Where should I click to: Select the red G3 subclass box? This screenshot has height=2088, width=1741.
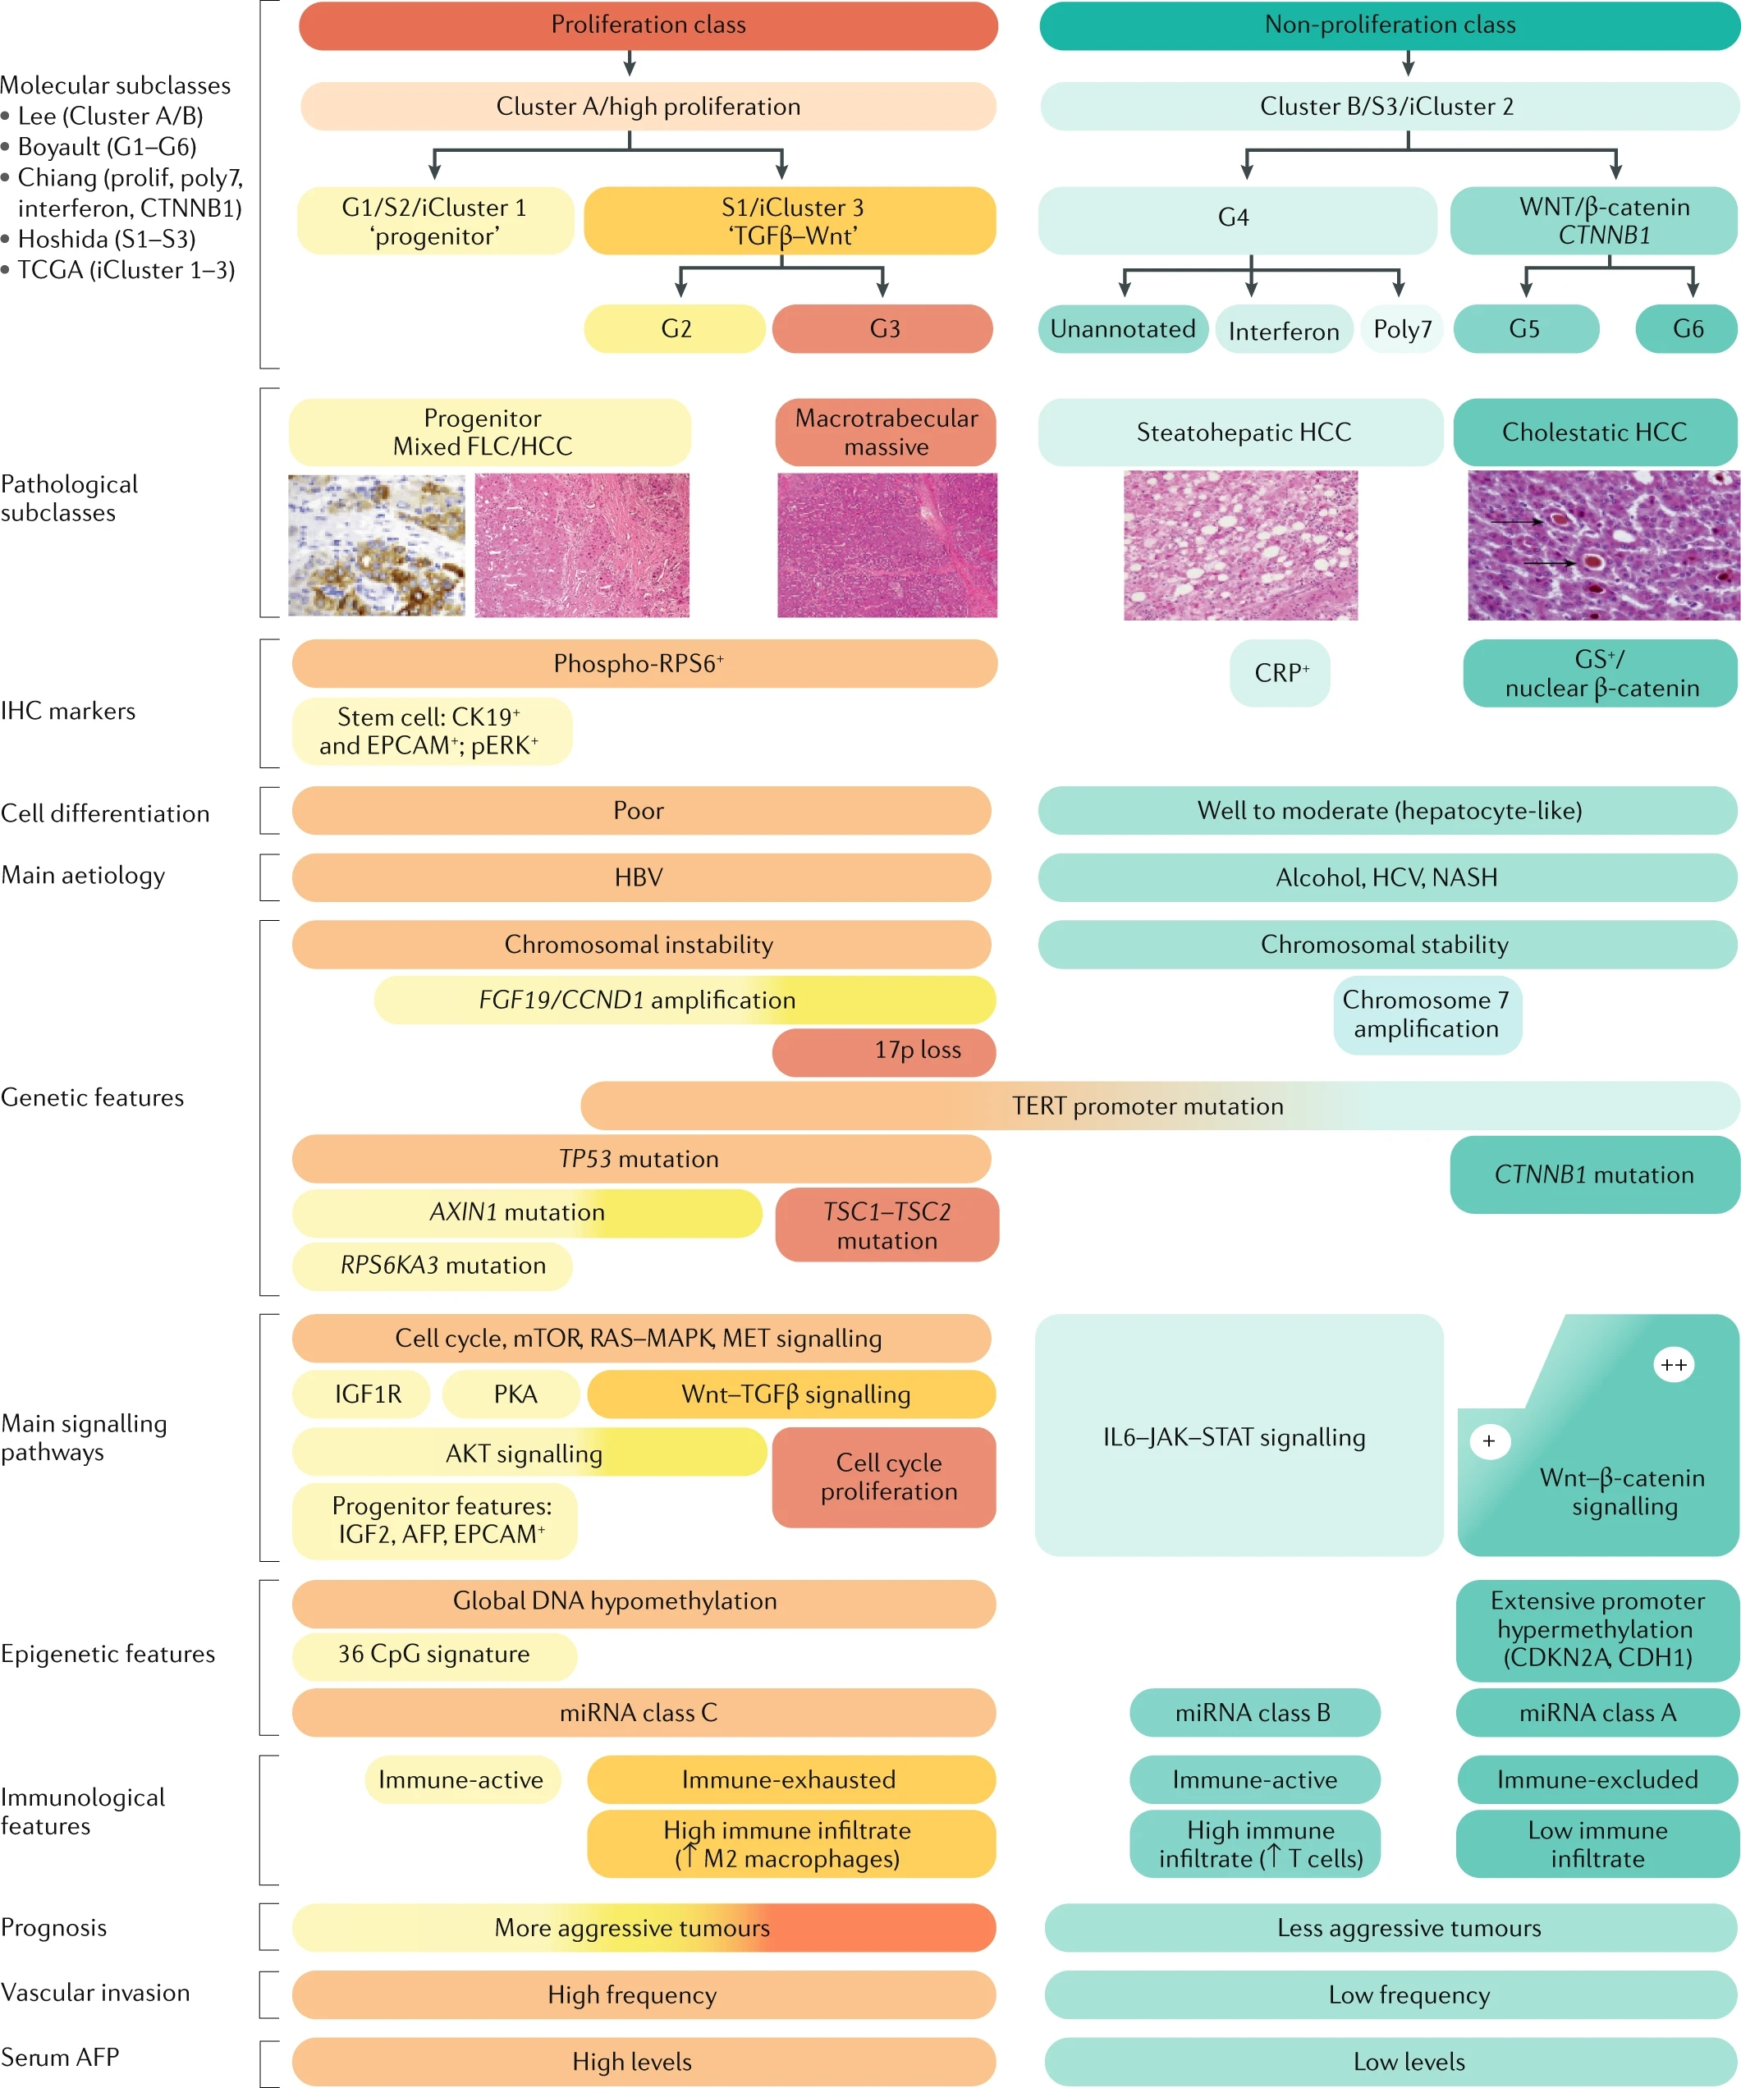883,329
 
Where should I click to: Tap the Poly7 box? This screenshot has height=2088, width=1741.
1402,329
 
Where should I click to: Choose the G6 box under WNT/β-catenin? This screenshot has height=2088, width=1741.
1688,329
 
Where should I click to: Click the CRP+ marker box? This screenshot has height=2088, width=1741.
1280,673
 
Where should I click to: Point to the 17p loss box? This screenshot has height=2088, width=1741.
884,1051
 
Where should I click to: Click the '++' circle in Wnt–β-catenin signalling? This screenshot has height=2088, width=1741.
1674,1365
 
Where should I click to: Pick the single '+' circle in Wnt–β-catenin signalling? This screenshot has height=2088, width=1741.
1488,1440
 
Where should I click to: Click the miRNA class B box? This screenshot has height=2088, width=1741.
1253,1712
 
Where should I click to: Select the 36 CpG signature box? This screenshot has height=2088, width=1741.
434,1655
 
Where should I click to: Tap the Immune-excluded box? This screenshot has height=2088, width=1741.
1597,1779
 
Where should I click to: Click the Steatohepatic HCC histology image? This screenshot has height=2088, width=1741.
1240,546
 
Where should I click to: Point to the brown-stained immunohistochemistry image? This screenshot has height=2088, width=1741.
377,545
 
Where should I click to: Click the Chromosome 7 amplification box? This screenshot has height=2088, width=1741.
1427,1014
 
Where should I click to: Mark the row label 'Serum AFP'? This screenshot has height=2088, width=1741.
60,2057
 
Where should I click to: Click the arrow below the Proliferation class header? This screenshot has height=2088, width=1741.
630,65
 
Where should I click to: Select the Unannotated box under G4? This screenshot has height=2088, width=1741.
1123,329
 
